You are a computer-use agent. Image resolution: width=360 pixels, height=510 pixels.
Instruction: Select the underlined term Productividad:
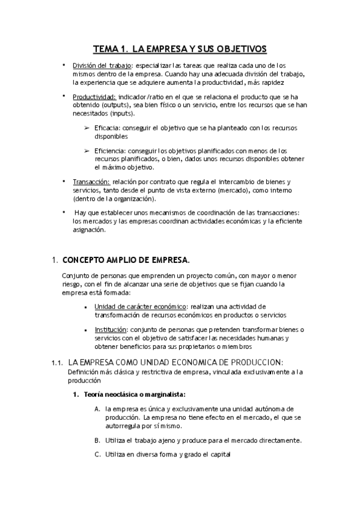tap(94, 97)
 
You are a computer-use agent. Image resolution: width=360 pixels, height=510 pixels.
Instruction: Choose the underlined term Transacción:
tap(91, 182)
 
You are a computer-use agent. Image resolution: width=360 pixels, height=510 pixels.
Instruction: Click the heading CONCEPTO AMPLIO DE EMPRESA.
tap(126, 260)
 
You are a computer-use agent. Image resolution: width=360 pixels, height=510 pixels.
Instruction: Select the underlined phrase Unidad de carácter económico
tap(140, 307)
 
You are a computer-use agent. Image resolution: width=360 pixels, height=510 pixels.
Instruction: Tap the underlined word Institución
tap(111, 330)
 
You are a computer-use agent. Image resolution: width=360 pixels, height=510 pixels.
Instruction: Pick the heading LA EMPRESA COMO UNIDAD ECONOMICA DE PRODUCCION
tap(175, 362)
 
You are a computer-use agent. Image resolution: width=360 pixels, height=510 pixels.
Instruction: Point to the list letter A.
tap(97, 409)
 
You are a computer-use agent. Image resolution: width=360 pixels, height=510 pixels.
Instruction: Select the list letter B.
tap(97, 440)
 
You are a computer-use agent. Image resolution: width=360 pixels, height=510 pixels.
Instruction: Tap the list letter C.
tap(97, 455)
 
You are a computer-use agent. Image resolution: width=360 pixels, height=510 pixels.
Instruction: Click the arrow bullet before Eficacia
tap(87, 128)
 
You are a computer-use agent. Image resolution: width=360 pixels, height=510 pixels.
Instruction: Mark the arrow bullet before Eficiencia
tap(87, 151)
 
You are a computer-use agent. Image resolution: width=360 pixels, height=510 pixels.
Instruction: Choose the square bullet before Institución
tap(88, 330)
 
